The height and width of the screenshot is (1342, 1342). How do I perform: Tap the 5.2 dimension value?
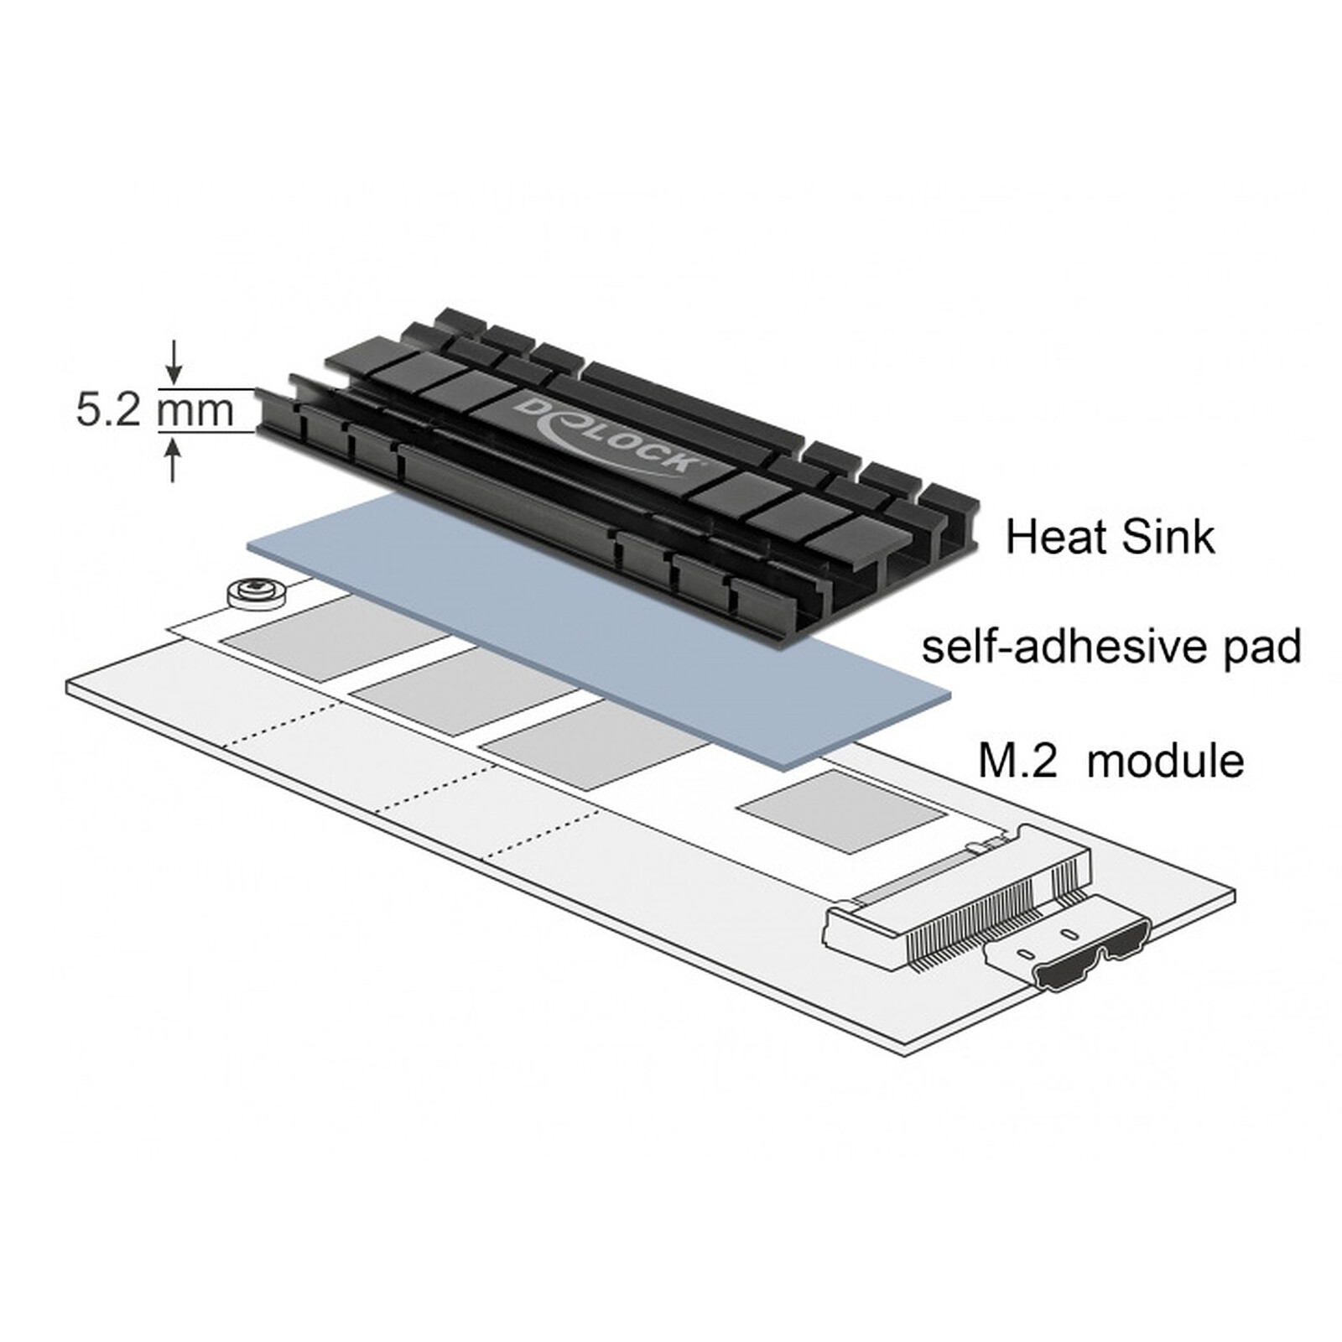pos(108,411)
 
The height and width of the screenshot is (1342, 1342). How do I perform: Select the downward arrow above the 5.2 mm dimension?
pos(174,362)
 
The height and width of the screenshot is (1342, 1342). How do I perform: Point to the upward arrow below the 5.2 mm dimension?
pos(174,460)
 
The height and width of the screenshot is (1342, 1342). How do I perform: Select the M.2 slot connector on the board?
pos(956,895)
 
